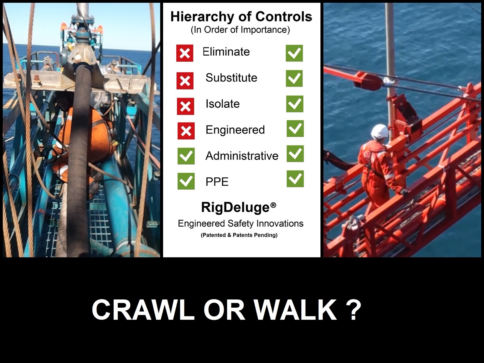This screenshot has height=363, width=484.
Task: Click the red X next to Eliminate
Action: pos(185,53)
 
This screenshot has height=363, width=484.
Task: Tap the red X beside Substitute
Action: pos(185,81)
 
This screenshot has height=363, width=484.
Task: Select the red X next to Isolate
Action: pos(185,106)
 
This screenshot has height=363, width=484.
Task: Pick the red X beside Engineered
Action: pos(186,131)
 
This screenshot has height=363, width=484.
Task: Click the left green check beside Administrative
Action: pos(186,156)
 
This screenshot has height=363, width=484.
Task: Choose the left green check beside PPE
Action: pos(186,181)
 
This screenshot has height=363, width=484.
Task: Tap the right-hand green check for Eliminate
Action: pos(294,53)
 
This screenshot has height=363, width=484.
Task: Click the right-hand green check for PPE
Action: pos(295,179)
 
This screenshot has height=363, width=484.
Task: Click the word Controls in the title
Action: pos(284,17)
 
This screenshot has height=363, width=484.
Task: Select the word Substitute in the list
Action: pos(231,77)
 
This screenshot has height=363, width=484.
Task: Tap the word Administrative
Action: pos(242,156)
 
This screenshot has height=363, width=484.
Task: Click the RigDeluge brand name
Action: pos(235,208)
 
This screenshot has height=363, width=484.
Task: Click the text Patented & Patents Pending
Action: pos(239,235)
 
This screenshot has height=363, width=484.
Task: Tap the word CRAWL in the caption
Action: pos(143,310)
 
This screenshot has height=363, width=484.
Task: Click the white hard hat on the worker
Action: pos(379,131)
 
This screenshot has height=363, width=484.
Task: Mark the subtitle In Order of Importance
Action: pos(240,30)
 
